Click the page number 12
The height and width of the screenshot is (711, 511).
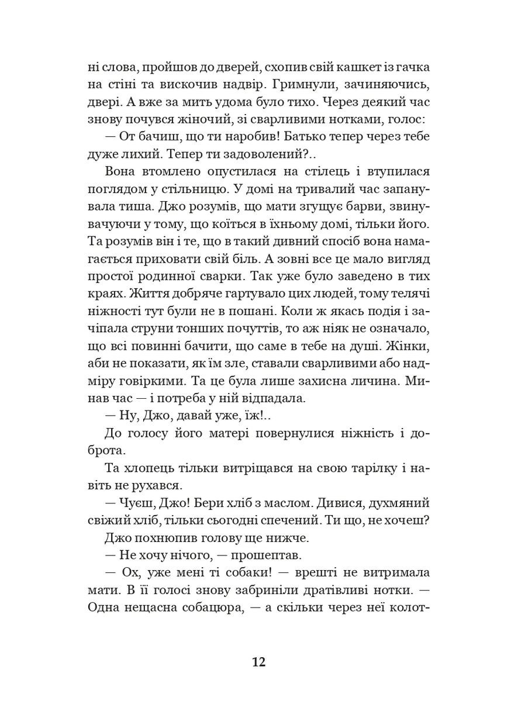pyautogui.click(x=258, y=662)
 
